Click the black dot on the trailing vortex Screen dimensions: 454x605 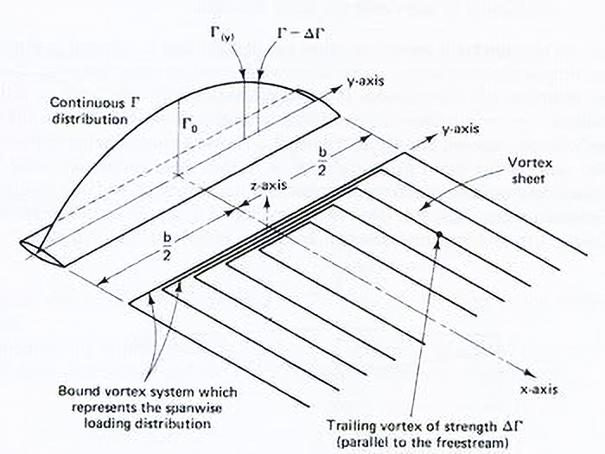click(x=440, y=235)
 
